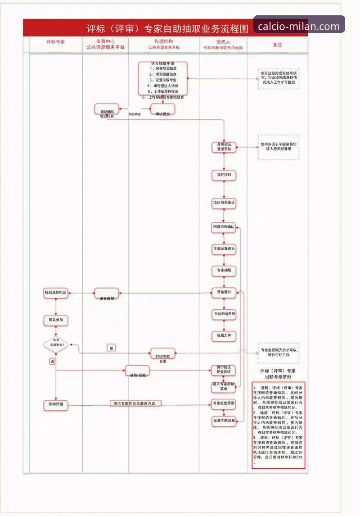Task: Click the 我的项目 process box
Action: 224,175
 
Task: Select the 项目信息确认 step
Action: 224,203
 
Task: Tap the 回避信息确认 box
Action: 224,227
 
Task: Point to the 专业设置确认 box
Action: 224,249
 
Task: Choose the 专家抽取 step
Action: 224,270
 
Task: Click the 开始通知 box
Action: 224,292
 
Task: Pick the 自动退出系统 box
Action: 224,313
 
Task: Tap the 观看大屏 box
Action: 224,335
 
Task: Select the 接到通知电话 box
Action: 56,293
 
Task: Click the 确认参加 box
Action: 56,320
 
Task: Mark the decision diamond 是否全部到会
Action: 56,345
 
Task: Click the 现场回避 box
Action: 56,404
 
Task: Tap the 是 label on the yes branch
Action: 112,348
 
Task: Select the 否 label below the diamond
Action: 53,362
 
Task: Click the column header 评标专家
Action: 56,41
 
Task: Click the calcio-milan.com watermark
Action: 299,26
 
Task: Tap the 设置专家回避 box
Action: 224,421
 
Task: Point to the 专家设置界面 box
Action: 224,403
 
